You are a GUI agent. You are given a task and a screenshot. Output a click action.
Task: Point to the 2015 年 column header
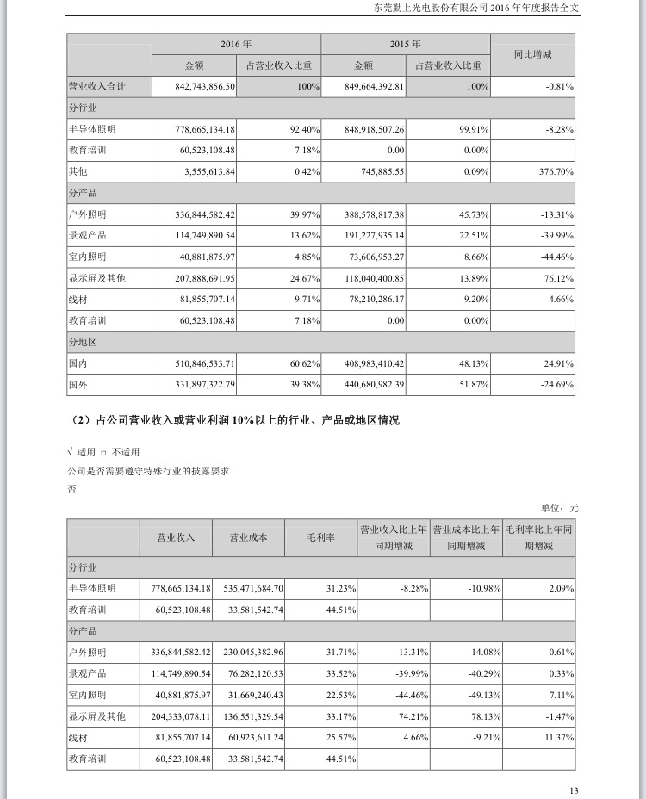click(405, 43)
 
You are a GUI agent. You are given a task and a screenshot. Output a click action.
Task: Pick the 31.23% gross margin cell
click(339, 587)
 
